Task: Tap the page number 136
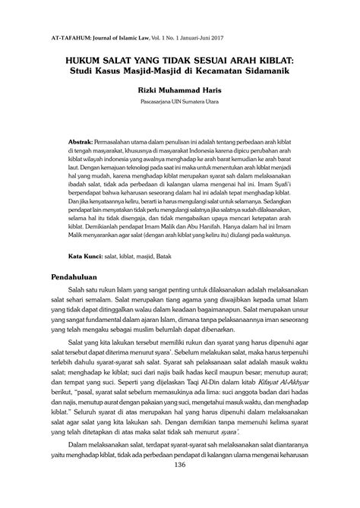[x=180, y=485]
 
